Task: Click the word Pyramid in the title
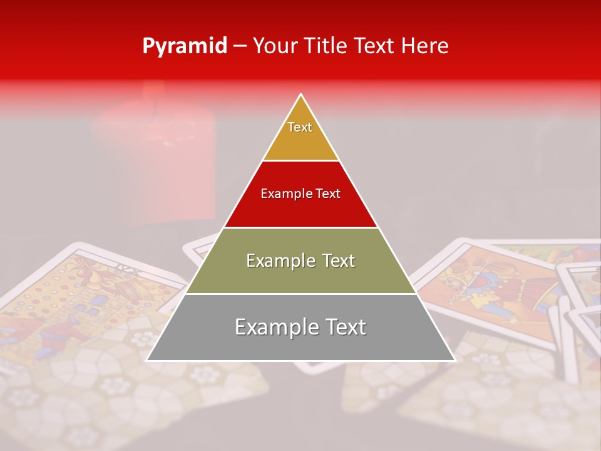tap(184, 46)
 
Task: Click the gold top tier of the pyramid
tap(300, 141)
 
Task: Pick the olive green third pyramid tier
tap(300, 276)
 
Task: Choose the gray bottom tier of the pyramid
tap(300, 341)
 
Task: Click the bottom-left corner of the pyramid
tap(147, 360)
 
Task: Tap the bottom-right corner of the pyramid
tap(455, 360)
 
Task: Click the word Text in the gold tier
tap(300, 127)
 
